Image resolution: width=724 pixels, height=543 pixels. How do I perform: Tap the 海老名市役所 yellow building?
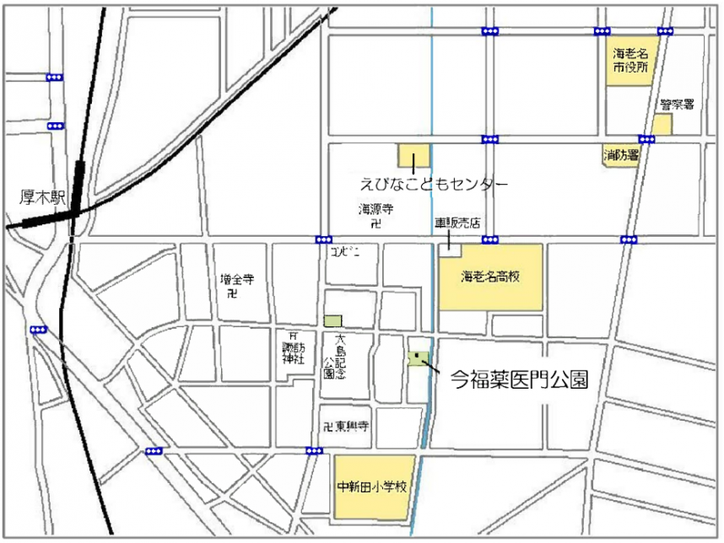[x=630, y=61]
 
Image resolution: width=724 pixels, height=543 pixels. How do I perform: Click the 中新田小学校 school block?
[x=374, y=487]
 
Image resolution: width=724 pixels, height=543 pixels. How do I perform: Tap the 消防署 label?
[x=620, y=155]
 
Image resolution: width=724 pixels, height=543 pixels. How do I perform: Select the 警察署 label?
[x=677, y=105]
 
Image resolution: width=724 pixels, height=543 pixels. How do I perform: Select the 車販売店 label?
[x=457, y=224]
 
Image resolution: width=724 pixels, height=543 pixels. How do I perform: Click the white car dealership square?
[x=450, y=246]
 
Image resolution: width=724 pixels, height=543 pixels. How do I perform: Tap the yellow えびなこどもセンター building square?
[x=413, y=155]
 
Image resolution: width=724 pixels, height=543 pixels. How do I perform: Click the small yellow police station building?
[x=662, y=125]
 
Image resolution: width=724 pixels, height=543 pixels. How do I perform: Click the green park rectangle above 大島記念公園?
[x=332, y=320]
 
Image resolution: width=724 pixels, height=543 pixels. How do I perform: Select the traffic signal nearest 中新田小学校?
[x=315, y=450]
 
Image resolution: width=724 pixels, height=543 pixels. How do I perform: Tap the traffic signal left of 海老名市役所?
[x=601, y=32]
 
